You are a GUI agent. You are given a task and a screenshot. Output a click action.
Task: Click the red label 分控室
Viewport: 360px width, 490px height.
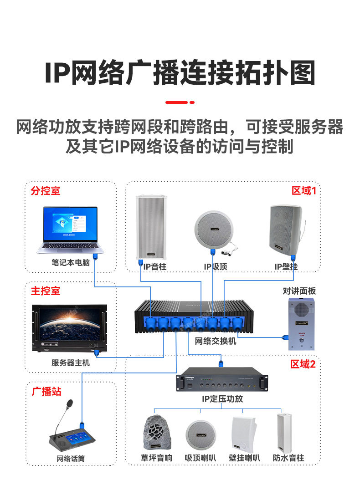(45, 190)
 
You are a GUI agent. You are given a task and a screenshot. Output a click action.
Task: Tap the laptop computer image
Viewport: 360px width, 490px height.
(70, 230)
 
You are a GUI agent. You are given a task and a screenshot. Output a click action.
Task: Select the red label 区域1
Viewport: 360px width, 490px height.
(303, 190)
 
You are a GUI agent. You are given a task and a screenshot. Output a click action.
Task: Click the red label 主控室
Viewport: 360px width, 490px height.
(45, 291)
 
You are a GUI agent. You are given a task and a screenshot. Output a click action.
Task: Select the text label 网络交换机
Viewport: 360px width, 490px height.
(216, 341)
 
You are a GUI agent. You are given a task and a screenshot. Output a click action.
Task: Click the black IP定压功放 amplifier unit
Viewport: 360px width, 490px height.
(221, 382)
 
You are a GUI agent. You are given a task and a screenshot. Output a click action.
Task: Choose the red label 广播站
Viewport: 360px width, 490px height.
(46, 392)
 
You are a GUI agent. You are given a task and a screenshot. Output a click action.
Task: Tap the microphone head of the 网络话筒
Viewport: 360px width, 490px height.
(69, 403)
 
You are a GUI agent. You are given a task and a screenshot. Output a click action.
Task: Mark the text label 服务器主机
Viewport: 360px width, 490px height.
(71, 363)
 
